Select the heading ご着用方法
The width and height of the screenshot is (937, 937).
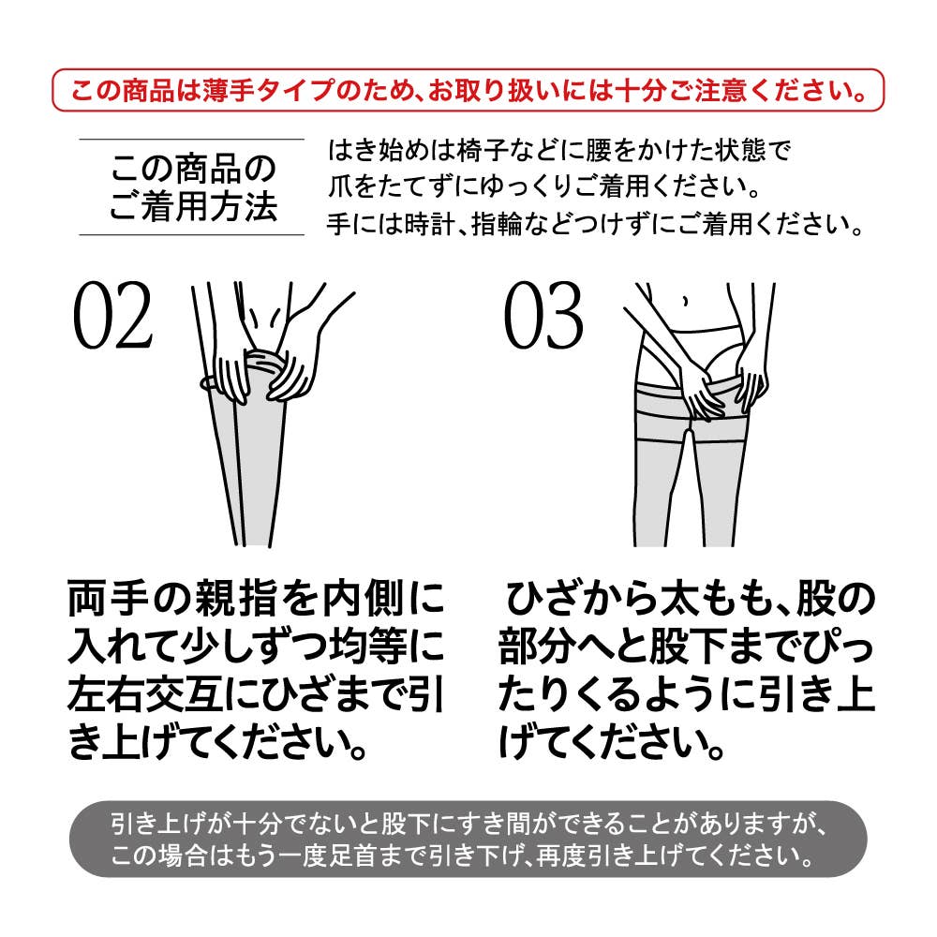(x=193, y=207)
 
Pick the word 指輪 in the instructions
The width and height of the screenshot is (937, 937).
(x=497, y=224)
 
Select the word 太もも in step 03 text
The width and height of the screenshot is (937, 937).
(x=715, y=598)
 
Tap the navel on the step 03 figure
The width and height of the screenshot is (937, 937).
(x=685, y=301)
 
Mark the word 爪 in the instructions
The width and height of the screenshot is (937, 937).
(x=339, y=187)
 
